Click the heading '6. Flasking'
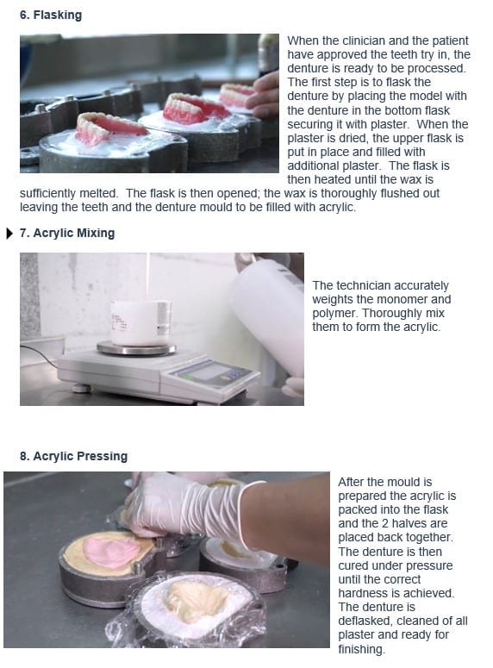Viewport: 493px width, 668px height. pos(51,15)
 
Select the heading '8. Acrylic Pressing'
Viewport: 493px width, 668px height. pos(74,456)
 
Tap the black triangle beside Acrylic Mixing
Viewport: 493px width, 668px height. pos(9,234)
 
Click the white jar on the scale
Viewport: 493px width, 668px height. pos(140,322)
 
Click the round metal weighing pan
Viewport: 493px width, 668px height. pos(136,348)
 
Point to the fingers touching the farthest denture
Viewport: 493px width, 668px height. pos(264,96)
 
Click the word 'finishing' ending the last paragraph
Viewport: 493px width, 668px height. pos(360,649)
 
